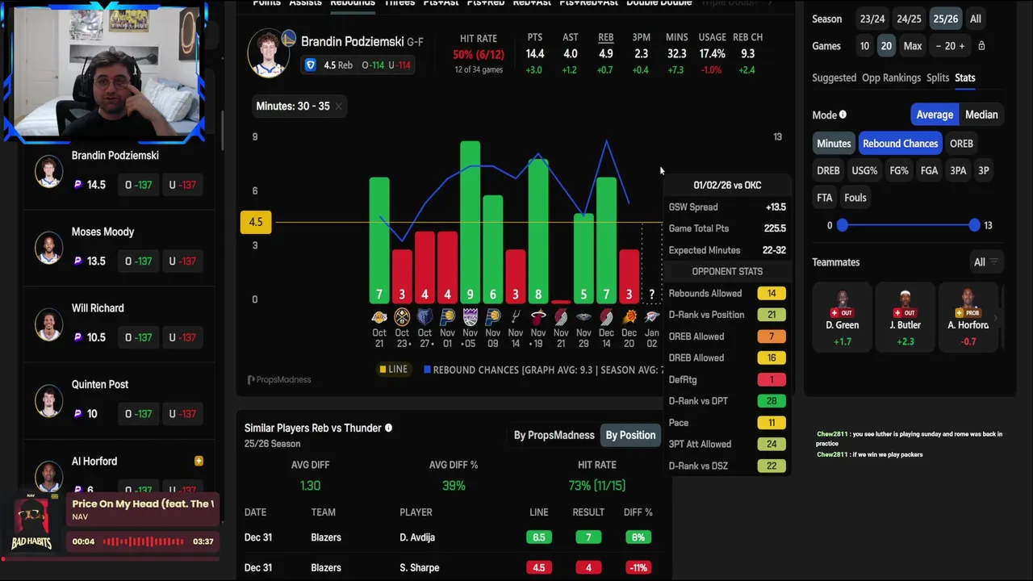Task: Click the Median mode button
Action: (x=981, y=115)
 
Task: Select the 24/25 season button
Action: (x=909, y=19)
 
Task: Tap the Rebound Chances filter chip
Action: (x=900, y=144)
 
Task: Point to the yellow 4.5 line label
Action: (x=256, y=222)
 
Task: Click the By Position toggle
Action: (x=630, y=435)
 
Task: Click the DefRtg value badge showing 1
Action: (x=772, y=379)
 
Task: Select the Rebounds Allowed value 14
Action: (x=772, y=293)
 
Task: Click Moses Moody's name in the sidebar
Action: (x=102, y=232)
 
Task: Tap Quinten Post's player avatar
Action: (x=49, y=399)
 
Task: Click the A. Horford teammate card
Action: (x=968, y=317)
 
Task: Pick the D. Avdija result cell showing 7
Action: (x=588, y=537)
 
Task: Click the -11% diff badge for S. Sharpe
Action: (x=638, y=567)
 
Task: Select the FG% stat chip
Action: (x=899, y=170)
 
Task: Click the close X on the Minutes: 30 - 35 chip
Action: (x=339, y=107)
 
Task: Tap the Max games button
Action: (x=913, y=46)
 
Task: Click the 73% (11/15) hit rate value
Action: (x=597, y=485)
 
